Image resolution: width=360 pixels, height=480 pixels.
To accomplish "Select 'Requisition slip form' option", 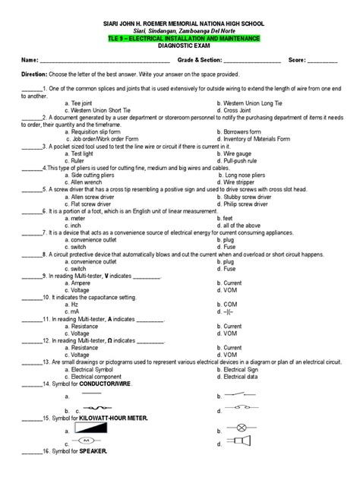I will (97, 131).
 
